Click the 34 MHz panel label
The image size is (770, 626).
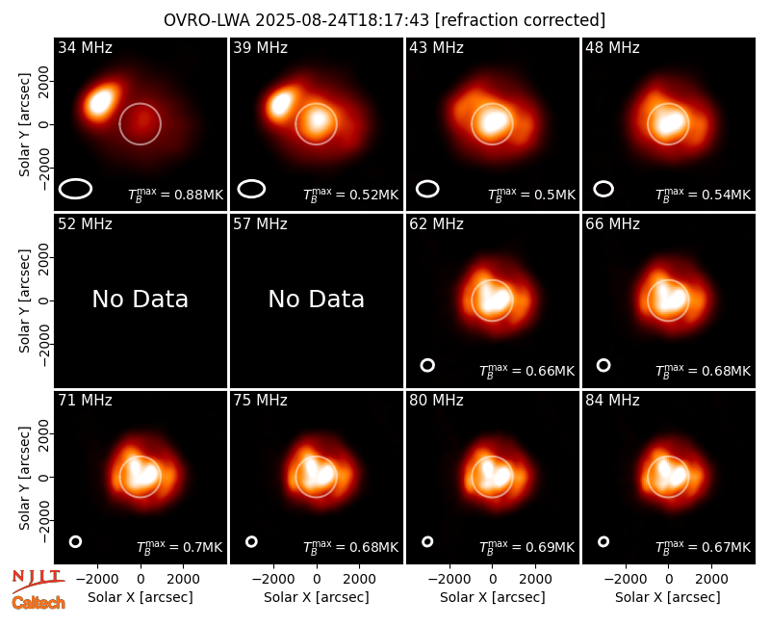click(85, 47)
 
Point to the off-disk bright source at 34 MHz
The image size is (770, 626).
click(101, 102)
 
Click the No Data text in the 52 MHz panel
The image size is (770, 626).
click(141, 299)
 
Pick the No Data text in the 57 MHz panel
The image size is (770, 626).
click(317, 299)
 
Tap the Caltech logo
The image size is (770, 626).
click(38, 603)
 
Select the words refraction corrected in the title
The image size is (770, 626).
click(521, 20)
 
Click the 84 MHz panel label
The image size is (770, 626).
click(612, 401)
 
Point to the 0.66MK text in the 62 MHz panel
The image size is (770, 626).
click(550, 371)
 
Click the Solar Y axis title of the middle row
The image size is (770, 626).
click(24, 300)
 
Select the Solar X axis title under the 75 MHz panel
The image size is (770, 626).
click(317, 597)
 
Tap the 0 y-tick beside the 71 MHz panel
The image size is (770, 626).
click(44, 477)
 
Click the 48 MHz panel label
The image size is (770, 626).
click(612, 47)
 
